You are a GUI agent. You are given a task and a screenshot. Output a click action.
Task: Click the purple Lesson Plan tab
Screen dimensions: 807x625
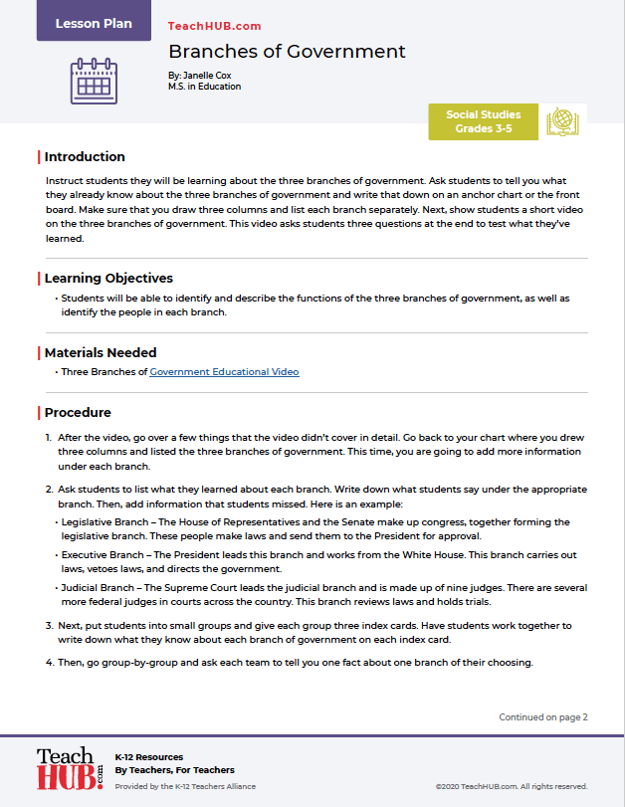94,22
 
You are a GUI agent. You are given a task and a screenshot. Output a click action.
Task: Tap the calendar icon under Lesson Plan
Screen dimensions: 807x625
94,80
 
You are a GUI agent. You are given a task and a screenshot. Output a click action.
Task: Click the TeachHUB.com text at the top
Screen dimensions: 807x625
215,27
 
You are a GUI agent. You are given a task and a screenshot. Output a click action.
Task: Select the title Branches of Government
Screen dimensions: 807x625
287,52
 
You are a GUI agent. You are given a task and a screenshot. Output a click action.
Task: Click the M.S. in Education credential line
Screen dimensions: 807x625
205,87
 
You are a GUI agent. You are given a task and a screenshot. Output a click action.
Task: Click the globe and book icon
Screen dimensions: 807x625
564,121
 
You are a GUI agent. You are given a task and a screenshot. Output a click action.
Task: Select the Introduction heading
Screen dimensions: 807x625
85,157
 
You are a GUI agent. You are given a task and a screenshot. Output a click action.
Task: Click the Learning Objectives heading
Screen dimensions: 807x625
108,279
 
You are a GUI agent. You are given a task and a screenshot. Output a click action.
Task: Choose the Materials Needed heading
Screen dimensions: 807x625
101,352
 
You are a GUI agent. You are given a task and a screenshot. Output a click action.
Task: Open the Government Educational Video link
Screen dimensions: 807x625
224,372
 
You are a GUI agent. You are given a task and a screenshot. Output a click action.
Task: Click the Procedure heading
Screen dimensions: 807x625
78,413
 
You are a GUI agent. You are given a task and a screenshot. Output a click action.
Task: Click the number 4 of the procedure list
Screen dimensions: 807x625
49,662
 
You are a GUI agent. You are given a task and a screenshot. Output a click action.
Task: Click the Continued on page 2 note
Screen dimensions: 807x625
543,716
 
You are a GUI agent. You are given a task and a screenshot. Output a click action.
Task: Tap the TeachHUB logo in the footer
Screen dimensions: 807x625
69,769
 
